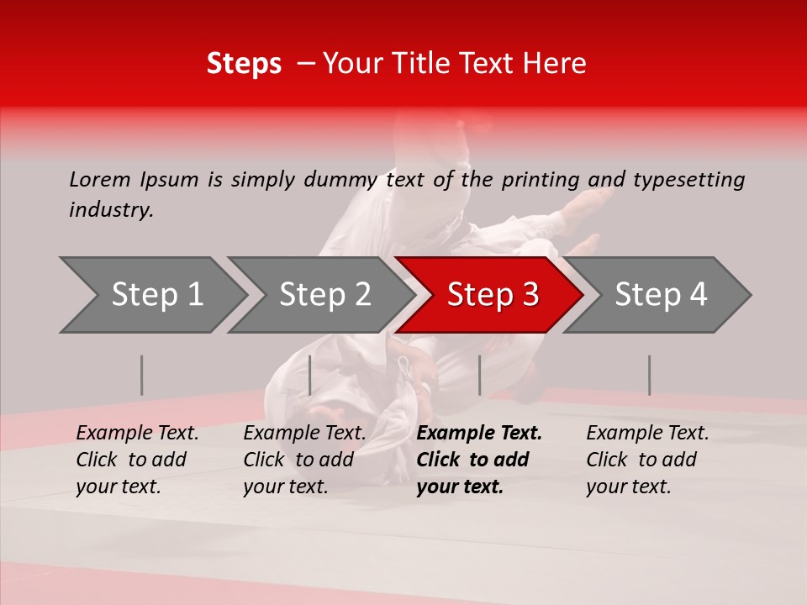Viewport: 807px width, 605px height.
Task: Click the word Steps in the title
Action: click(x=244, y=64)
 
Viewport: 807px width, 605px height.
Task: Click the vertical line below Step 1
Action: click(x=142, y=375)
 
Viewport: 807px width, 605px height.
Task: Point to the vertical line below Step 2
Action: click(x=310, y=375)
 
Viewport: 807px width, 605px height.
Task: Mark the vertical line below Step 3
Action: click(x=480, y=375)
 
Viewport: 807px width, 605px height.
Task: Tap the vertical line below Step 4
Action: click(x=649, y=375)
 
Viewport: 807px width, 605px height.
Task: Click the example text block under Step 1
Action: click(x=137, y=460)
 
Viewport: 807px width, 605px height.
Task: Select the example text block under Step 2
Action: click(x=304, y=460)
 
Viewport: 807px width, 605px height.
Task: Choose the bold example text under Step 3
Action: click(x=479, y=460)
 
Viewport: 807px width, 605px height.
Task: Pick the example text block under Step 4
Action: click(x=647, y=460)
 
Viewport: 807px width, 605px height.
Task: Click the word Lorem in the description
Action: click(x=99, y=179)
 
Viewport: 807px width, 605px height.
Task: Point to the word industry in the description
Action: click(x=111, y=210)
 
